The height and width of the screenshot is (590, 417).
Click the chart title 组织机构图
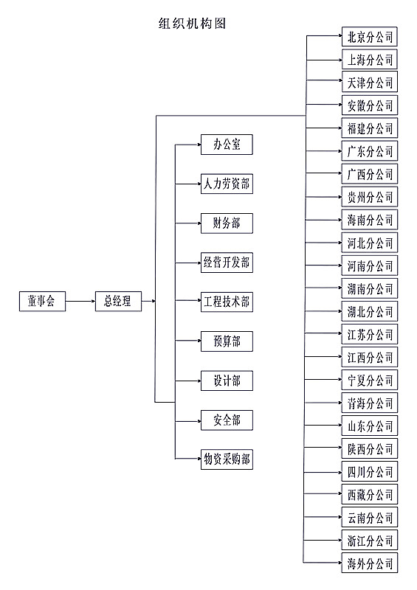point(192,24)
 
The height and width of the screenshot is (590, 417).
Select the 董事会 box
point(42,301)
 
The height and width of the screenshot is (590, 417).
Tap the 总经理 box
point(118,301)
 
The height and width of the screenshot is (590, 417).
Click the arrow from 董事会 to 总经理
point(80,301)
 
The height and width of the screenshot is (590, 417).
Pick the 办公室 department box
point(227,145)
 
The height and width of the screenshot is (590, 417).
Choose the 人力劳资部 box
point(227,184)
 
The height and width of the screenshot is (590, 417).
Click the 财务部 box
point(227,223)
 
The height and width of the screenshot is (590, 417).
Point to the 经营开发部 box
point(227,263)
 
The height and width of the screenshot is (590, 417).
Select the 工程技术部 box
point(227,302)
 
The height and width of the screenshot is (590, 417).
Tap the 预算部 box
point(227,341)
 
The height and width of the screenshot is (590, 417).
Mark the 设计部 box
point(227,381)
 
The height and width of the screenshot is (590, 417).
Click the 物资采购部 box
point(227,459)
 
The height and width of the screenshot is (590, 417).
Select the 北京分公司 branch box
point(370,37)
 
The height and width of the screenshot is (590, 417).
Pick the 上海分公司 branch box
point(370,60)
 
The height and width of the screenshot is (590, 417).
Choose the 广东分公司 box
point(370,151)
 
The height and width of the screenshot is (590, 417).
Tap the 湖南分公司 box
point(370,288)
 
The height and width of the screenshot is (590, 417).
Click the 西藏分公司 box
point(370,495)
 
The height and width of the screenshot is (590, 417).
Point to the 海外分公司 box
point(370,563)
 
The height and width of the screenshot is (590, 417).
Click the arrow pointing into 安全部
point(188,421)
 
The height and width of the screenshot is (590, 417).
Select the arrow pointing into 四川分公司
point(323,472)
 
